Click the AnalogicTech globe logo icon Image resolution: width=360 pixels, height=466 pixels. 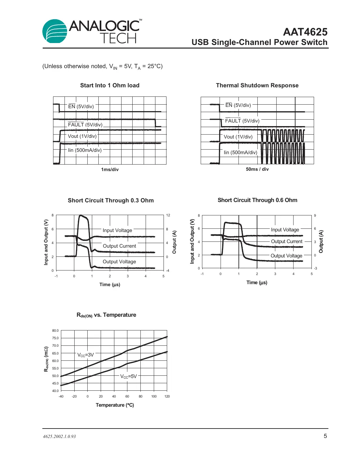click(55, 31)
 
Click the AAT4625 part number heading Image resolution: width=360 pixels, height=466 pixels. click(305, 32)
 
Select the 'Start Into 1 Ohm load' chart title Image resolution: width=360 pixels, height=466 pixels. click(110, 85)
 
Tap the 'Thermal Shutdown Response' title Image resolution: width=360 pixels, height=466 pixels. click(257, 85)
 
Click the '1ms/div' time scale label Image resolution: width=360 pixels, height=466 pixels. click(110, 169)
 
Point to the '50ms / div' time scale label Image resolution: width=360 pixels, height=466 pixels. click(257, 169)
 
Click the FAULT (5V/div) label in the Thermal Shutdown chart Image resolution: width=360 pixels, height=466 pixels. click(242, 121)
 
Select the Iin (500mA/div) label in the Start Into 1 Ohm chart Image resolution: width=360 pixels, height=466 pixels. click(85, 150)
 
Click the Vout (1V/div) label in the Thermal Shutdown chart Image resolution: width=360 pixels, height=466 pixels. click(238, 137)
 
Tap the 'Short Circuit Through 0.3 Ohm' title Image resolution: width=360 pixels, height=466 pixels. click(111, 200)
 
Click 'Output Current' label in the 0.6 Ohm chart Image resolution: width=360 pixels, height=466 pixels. click(287, 241)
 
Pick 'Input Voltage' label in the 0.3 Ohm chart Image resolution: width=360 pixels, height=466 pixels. click(117, 230)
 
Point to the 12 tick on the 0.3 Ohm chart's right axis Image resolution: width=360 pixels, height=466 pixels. click(168, 215)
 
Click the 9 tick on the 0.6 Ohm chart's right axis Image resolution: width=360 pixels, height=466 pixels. click(315, 215)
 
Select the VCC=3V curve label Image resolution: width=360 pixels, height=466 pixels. click(85, 355)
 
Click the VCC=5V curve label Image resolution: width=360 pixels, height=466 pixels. click(128, 376)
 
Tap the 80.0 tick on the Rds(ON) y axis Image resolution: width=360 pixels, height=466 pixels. click(55, 330)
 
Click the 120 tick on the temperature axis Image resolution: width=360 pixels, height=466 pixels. click(167, 396)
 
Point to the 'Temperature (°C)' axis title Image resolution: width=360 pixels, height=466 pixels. click(115, 405)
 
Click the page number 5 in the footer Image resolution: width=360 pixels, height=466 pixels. click(325, 436)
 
